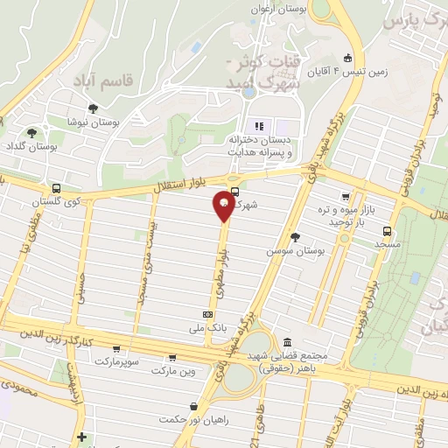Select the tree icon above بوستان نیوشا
coord(93,108)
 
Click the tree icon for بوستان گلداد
coord(32,133)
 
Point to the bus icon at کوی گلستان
coord(57,188)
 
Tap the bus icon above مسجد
coord(387,231)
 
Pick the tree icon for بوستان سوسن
coord(295,236)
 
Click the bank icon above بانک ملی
coord(207,313)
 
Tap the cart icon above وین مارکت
coord(171,357)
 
